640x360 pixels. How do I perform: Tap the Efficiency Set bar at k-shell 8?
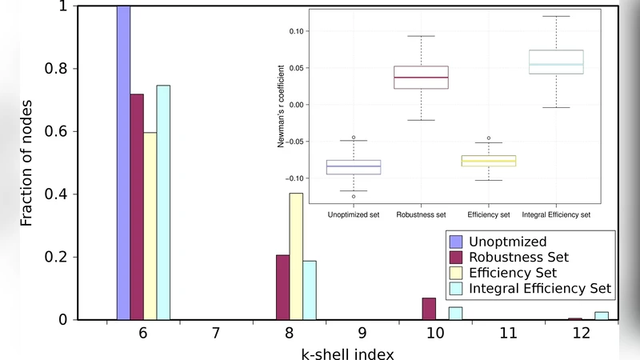[x=296, y=256]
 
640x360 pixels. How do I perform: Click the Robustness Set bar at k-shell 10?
[x=429, y=309]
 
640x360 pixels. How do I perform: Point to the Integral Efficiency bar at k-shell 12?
[x=602, y=315]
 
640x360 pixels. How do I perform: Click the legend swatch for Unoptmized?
[x=457, y=242]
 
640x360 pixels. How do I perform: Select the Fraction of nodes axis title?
[x=26, y=162]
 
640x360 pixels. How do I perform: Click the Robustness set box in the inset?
[x=422, y=77]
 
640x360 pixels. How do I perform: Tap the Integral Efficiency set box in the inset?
[x=556, y=62]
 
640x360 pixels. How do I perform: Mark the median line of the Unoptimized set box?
[x=354, y=166]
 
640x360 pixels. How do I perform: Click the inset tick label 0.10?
[x=297, y=31]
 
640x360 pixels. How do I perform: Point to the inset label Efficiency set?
[x=488, y=214]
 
